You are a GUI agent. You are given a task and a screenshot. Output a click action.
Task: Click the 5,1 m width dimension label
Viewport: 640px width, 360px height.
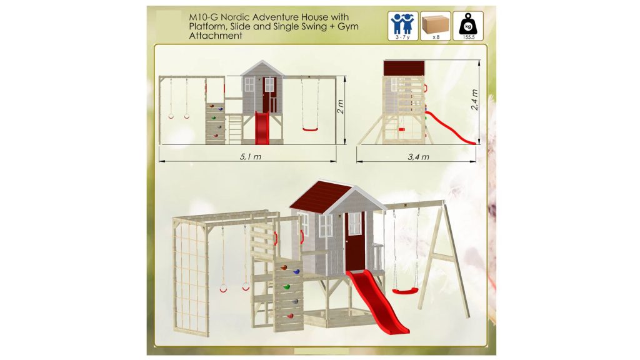pyautogui.click(x=251, y=157)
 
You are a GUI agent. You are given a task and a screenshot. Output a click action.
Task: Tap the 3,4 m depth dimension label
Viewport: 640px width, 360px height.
pyautogui.click(x=418, y=157)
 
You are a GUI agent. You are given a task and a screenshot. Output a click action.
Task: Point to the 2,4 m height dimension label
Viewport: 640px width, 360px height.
pyautogui.click(x=475, y=100)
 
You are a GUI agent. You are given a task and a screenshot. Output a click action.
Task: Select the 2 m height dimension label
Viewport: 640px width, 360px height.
pyautogui.click(x=341, y=107)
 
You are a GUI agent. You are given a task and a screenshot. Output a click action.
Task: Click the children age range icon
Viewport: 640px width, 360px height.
pyautogui.click(x=403, y=26)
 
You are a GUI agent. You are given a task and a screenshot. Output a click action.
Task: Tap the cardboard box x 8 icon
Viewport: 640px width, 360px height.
pyautogui.click(x=436, y=26)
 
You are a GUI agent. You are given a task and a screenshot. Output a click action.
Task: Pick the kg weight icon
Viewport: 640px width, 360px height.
pyautogui.click(x=468, y=26)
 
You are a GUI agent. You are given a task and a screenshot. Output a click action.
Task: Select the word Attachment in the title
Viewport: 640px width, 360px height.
pyautogui.click(x=216, y=36)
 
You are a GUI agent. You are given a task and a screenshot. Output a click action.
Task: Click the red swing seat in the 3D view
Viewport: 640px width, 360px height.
pyautogui.click(x=405, y=291)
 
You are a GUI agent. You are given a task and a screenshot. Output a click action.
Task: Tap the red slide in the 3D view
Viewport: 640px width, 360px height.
pyautogui.click(x=377, y=301)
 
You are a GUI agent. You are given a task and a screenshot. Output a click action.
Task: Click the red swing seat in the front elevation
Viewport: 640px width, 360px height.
pyautogui.click(x=310, y=130)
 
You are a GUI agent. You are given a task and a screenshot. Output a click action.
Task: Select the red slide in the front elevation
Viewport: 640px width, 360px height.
pyautogui.click(x=262, y=127)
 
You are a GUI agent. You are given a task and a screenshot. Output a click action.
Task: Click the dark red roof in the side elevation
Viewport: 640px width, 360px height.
pyautogui.click(x=404, y=67)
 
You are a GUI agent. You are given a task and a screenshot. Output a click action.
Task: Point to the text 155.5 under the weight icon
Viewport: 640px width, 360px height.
pyautogui.click(x=468, y=37)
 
